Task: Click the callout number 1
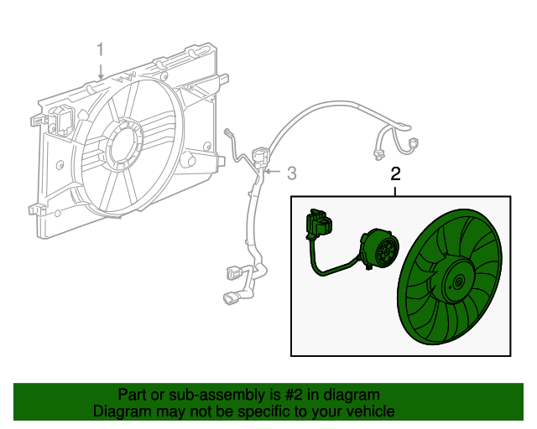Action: pos(100,50)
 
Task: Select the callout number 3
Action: pos(292,173)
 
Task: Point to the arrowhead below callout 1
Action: pos(100,78)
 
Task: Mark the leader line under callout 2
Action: pos(395,190)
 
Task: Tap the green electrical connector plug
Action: pos(320,225)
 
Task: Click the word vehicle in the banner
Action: pos(370,411)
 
